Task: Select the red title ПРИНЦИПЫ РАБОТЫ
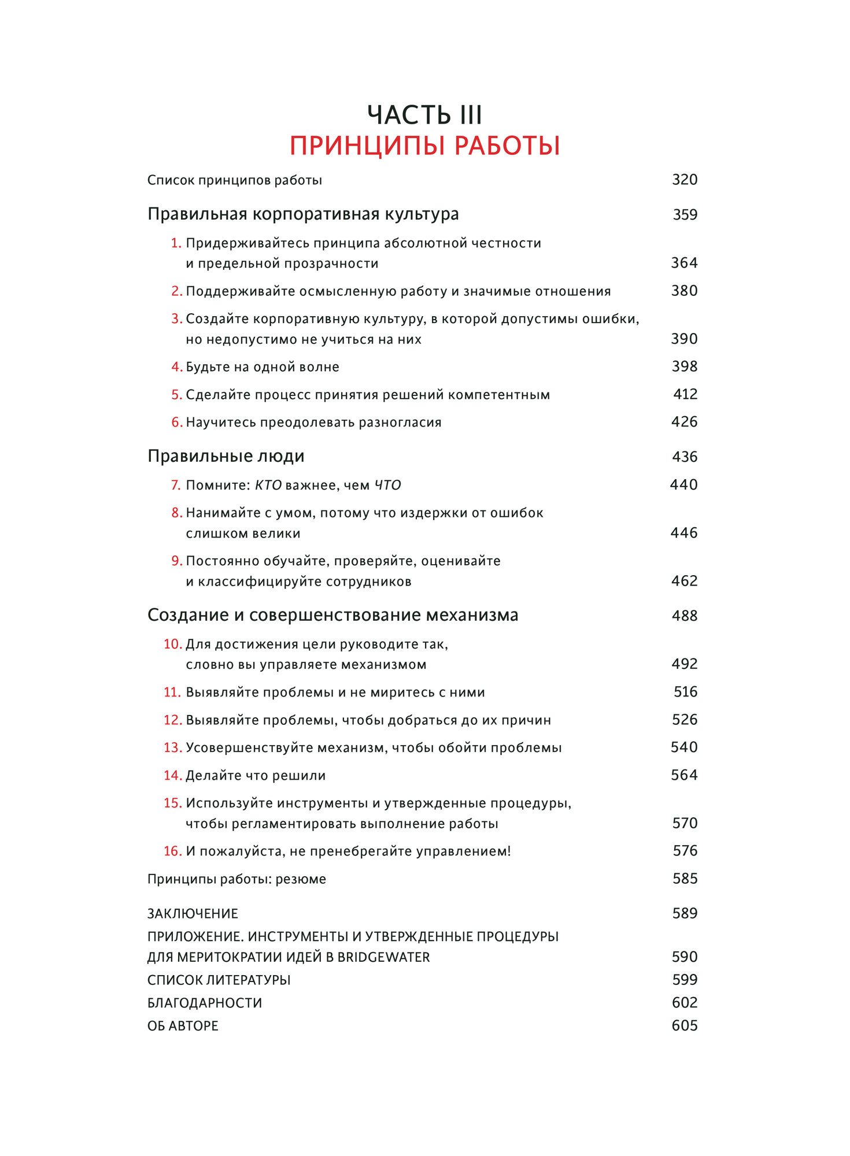click(x=424, y=146)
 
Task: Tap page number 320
click(x=685, y=180)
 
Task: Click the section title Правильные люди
click(x=226, y=456)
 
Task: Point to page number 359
click(x=685, y=214)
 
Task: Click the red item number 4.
click(x=176, y=367)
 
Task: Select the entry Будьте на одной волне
click(x=263, y=367)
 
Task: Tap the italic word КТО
click(x=268, y=485)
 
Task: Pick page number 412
click(x=685, y=394)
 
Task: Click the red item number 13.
click(x=172, y=747)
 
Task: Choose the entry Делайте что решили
click(x=256, y=775)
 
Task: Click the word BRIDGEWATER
click(x=383, y=957)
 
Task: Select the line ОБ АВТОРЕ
click(x=183, y=1026)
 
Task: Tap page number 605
click(x=685, y=1025)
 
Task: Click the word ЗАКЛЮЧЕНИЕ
click(x=193, y=913)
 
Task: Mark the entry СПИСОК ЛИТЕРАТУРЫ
click(x=219, y=980)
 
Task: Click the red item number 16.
click(x=172, y=851)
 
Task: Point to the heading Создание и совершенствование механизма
click(x=332, y=615)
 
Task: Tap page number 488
click(x=685, y=616)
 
